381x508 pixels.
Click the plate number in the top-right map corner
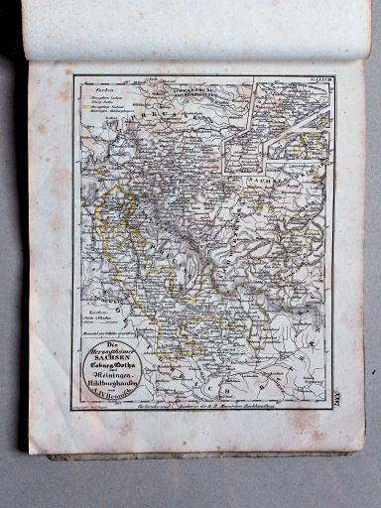coord(319,81)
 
